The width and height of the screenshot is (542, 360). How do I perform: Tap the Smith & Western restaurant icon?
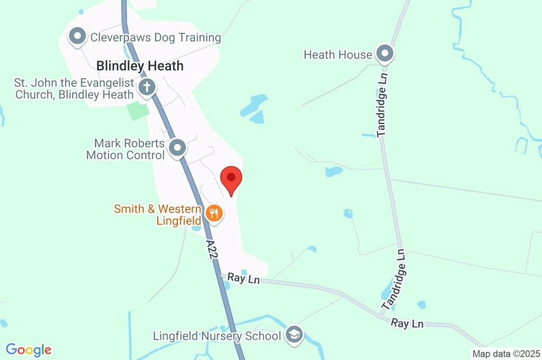214,214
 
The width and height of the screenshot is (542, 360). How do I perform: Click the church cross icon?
147,87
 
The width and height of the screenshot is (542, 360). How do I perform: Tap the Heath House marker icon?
385,53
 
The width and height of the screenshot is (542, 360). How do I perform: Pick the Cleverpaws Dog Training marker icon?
78,37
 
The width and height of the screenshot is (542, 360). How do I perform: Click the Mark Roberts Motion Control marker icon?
177,148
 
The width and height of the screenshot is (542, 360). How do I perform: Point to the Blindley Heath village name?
140,66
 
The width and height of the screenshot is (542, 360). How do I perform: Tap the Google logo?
29,349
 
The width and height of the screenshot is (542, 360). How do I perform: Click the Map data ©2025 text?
506,354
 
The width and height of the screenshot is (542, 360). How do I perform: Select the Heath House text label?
338,55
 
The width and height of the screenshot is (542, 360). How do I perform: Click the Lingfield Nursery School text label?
217,336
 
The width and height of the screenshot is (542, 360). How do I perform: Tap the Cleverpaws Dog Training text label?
156,38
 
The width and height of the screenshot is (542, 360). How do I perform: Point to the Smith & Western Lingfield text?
158,214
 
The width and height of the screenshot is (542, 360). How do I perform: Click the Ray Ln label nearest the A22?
243,278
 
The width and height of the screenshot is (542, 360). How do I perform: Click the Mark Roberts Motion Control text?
126,149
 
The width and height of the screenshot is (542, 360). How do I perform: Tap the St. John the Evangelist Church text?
74,89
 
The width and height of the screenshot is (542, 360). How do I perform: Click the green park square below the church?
138,111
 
